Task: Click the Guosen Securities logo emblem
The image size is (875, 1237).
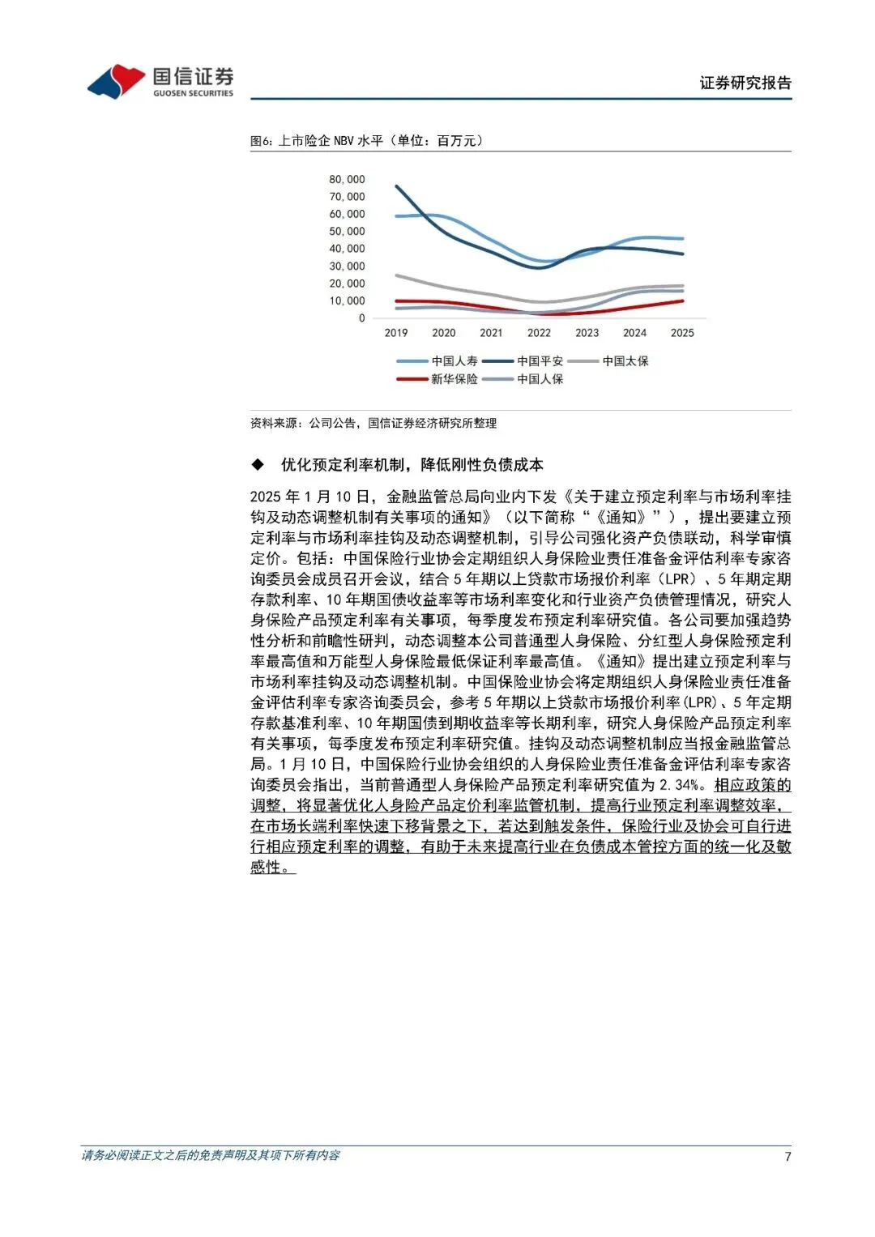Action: point(117,81)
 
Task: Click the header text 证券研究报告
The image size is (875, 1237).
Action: point(745,83)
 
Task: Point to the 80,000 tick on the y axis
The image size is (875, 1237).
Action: point(347,179)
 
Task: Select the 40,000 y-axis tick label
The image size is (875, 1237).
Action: point(347,249)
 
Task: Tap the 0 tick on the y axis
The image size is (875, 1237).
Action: point(361,318)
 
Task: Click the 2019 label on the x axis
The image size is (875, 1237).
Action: point(396,333)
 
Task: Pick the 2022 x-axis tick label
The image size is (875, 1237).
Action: point(539,333)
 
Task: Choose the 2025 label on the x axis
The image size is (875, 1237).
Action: point(682,333)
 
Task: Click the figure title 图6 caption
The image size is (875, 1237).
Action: point(366,141)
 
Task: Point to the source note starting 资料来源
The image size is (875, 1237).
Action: point(373,423)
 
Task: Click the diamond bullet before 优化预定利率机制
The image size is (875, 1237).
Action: point(258,464)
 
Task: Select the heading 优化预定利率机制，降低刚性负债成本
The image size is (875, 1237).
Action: point(412,465)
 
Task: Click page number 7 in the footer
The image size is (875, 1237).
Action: point(787,1157)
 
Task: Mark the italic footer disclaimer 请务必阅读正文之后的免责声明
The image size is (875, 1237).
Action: point(211,1155)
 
